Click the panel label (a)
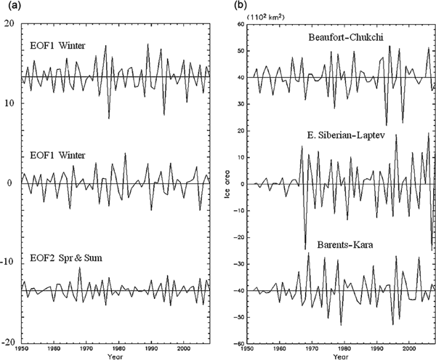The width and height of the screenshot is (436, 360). tap(11, 6)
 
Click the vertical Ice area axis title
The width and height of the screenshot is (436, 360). tap(227, 183)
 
